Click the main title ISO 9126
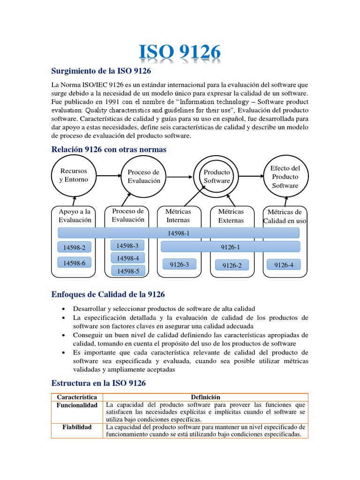click(180, 53)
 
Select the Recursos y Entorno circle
click(74, 175)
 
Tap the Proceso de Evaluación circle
click(143, 177)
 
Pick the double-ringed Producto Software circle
click(217, 177)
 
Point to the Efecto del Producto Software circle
click(285, 177)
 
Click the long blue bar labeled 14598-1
click(178, 233)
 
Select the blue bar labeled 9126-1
click(230, 247)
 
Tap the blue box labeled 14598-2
click(75, 247)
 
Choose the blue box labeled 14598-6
click(75, 263)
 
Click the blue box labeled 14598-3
click(127, 246)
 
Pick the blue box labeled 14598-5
click(127, 270)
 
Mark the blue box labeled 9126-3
click(179, 264)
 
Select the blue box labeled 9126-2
click(232, 265)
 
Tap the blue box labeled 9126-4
click(284, 265)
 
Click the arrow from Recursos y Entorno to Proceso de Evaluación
click(109, 176)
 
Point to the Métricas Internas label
click(178, 216)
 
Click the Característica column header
click(76, 397)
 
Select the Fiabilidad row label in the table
click(76, 427)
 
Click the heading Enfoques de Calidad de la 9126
click(108, 294)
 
